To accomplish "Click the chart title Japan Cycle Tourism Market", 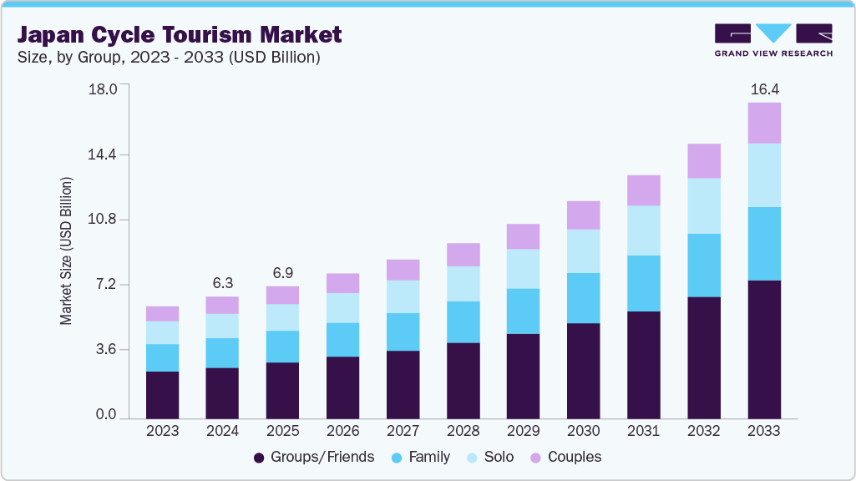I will click(x=180, y=35).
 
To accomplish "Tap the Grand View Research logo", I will click(x=772, y=40).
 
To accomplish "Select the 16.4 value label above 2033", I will click(x=764, y=89).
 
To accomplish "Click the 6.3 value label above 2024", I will click(x=222, y=282).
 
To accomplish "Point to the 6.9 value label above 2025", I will click(x=282, y=272).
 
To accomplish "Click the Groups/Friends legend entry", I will click(x=314, y=457).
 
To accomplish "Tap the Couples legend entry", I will click(x=565, y=457).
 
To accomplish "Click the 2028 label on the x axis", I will click(x=463, y=432).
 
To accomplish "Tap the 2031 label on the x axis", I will click(x=643, y=432).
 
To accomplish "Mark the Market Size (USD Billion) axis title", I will click(x=66, y=251).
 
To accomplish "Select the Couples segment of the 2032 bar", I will click(x=704, y=160).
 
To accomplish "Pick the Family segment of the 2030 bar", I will click(x=583, y=298).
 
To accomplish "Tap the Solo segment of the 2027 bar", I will click(x=403, y=296).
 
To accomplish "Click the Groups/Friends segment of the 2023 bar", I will click(x=162, y=394).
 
